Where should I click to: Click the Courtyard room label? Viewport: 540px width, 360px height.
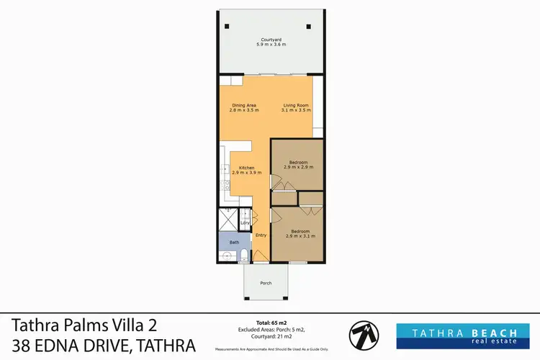click(271, 42)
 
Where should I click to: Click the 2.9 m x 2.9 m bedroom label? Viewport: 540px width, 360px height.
click(300, 165)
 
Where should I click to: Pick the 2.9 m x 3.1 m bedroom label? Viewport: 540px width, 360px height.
click(300, 234)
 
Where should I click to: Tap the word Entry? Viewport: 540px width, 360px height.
click(261, 235)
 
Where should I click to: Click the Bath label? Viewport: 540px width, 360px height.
click(234, 243)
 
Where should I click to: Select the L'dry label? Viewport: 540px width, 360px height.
click(245, 222)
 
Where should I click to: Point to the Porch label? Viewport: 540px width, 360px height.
click(266, 283)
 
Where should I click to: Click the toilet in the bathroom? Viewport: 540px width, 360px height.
click(245, 253)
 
